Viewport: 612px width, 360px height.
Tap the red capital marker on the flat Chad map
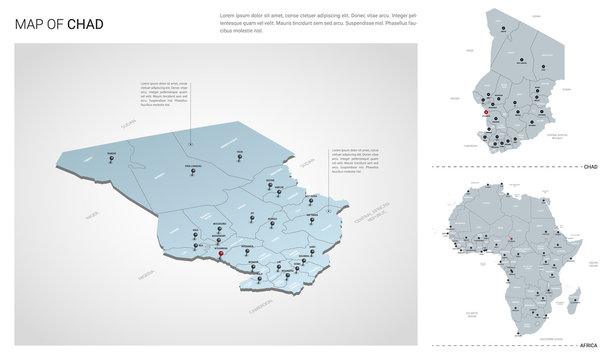[x=486, y=113]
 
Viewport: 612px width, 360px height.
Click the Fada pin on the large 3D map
[x=239, y=158]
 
